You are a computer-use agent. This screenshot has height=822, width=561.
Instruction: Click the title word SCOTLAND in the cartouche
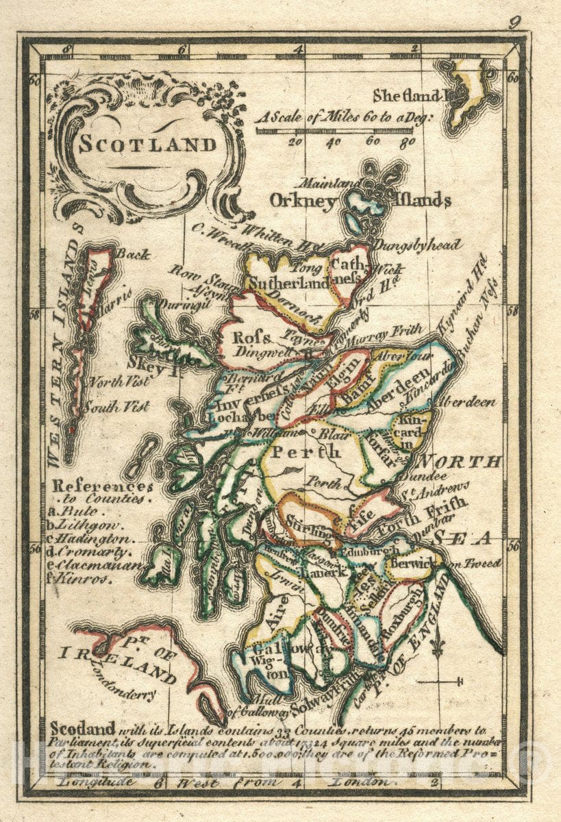(147, 145)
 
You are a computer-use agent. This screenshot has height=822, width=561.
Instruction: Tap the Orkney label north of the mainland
(303, 201)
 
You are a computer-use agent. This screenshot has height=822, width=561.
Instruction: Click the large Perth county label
(306, 452)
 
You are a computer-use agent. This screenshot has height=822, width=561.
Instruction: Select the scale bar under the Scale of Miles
(334, 129)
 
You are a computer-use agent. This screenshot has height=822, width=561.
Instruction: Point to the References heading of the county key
(103, 486)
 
